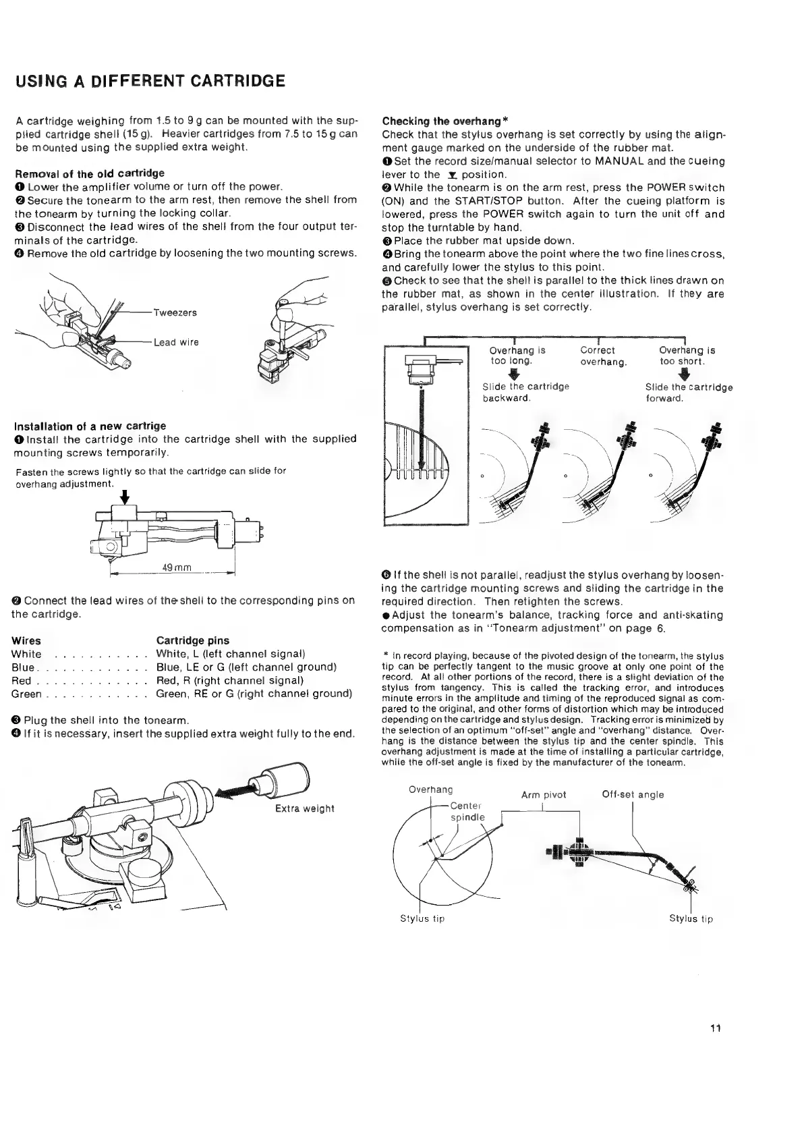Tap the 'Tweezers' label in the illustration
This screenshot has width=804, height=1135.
[x=175, y=312]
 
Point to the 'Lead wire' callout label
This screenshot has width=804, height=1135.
[x=176, y=342]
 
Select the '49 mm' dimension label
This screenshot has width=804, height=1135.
[x=178, y=567]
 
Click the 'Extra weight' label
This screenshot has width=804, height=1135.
[x=305, y=808]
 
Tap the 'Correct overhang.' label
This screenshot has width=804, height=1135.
[x=604, y=356]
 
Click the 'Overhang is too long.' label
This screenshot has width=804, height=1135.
[x=517, y=356]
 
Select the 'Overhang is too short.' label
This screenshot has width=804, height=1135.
[x=687, y=356]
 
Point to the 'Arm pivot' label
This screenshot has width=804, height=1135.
[x=544, y=795]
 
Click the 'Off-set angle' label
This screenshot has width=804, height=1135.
[x=633, y=794]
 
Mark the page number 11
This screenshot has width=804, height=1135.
[x=716, y=1048]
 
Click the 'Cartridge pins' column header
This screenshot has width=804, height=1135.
[x=192, y=640]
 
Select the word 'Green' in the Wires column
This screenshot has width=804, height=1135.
[x=27, y=694]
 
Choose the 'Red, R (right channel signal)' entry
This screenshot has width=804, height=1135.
[x=230, y=680]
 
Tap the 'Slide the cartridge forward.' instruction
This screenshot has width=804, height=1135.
[x=689, y=393]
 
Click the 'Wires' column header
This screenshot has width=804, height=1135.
[x=26, y=640]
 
